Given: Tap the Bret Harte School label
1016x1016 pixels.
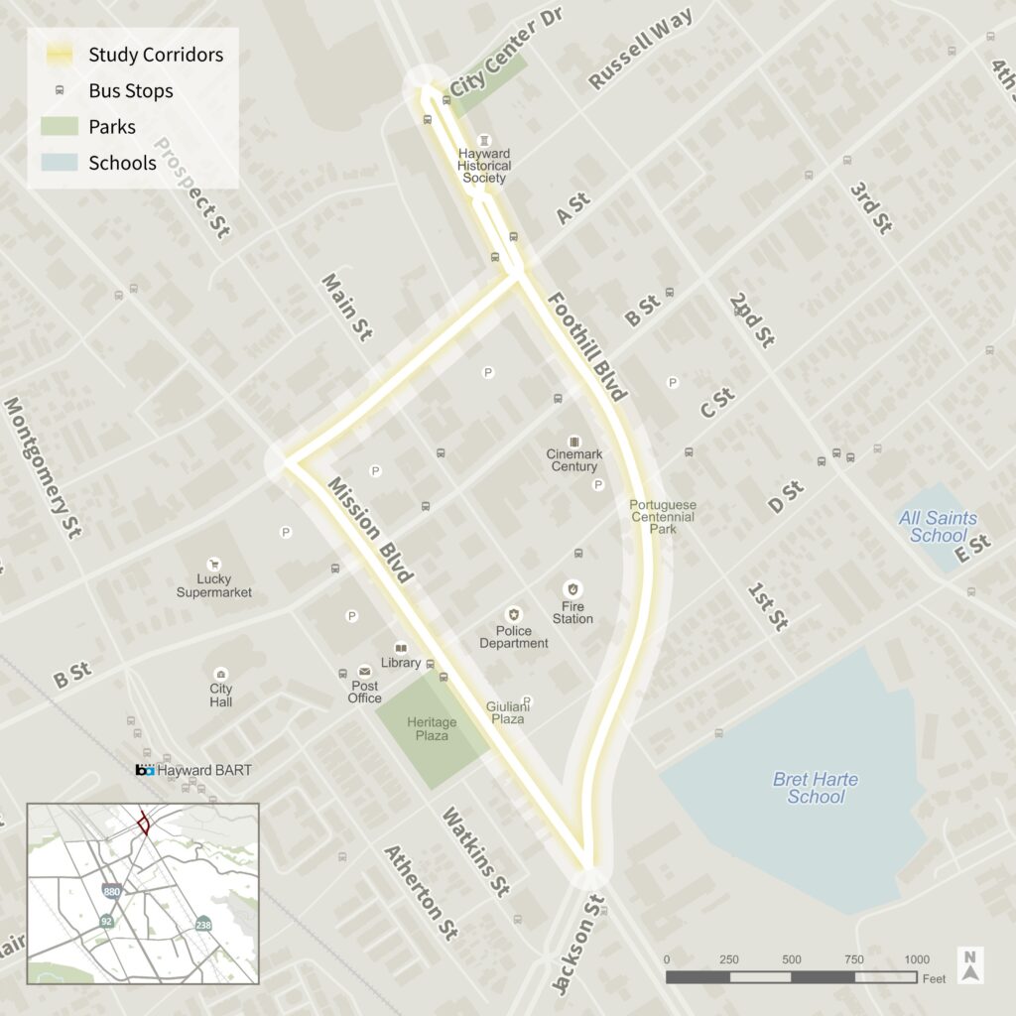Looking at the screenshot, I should (x=817, y=788).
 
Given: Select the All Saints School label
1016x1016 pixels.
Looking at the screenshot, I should (x=938, y=527).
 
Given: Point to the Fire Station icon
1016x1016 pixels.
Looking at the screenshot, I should (x=572, y=588).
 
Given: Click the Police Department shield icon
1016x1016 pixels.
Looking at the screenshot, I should (x=513, y=615).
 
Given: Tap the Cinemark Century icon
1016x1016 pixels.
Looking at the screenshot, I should (x=573, y=441).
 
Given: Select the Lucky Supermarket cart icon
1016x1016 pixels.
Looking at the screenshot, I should (x=213, y=564).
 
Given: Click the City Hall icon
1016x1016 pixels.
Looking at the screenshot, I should (x=220, y=674).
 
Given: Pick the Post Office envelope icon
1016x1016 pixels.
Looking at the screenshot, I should (x=364, y=672).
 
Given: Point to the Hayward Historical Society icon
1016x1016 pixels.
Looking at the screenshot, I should (x=484, y=140).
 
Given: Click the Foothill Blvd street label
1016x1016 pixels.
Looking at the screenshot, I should (x=586, y=346).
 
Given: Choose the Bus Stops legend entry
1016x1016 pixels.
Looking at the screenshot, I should (x=130, y=91).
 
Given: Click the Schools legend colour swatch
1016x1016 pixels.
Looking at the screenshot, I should (x=60, y=163).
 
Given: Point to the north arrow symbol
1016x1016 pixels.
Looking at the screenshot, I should (x=971, y=965).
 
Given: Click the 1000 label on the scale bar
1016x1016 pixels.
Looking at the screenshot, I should (x=917, y=959).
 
